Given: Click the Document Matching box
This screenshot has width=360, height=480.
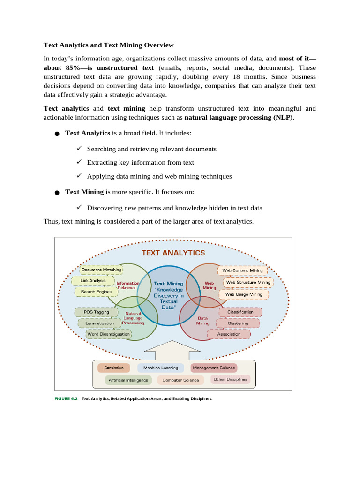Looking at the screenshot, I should click(x=101, y=270).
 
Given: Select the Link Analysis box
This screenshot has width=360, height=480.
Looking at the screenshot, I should click(x=93, y=281).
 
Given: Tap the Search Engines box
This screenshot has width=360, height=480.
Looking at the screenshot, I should click(x=96, y=292).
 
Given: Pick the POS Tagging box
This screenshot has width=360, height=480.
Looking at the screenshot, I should click(x=96, y=312).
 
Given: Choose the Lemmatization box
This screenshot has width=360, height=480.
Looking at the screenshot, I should click(x=99, y=323).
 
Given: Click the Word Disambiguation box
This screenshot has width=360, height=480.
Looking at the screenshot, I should click(x=108, y=334).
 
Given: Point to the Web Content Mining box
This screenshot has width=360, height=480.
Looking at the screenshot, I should click(x=242, y=270).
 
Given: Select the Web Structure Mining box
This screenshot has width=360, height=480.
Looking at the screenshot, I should click(x=248, y=282).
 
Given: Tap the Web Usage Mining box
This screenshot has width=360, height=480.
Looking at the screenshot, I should click(x=244, y=294).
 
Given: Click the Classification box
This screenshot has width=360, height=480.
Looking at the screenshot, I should click(x=240, y=312).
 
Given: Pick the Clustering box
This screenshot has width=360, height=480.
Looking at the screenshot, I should click(x=238, y=323).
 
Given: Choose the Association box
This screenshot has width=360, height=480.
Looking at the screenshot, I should click(x=229, y=334).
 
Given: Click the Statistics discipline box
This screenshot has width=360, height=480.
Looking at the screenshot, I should click(x=114, y=368).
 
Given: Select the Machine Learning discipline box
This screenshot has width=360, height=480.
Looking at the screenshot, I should click(x=161, y=368).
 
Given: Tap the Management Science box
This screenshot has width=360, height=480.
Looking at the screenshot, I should click(x=214, y=368).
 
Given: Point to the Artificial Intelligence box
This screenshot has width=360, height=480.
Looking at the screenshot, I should click(x=128, y=380).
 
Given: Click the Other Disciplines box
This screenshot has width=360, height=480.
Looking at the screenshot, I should click(x=230, y=379).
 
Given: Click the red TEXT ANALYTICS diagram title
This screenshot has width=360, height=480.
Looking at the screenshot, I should click(x=173, y=253).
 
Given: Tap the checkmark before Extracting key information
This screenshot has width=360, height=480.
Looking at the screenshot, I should click(x=79, y=162).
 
